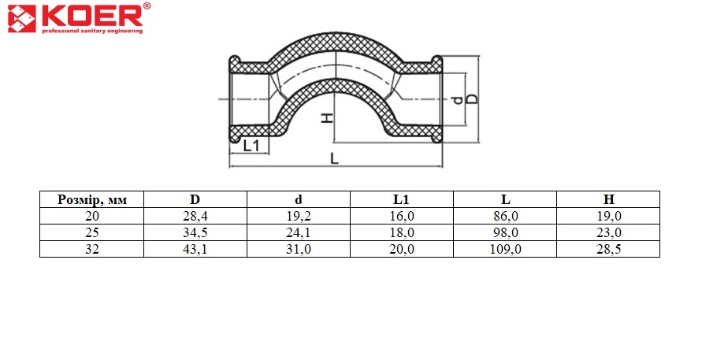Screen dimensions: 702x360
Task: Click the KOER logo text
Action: [93, 16]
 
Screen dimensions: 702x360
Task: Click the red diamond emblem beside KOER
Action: [21, 19]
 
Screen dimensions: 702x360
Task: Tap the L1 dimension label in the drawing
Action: [251, 146]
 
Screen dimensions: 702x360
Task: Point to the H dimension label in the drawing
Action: [329, 117]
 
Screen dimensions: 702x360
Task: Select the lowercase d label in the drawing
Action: [458, 100]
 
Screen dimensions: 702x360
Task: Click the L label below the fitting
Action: [334, 158]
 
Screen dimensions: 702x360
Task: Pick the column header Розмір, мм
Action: [91, 200]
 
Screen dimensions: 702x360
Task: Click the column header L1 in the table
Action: [401, 199]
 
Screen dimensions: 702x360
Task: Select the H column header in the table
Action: [608, 199]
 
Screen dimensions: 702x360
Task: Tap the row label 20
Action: [91, 216]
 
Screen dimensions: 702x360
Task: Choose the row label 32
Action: [91, 249]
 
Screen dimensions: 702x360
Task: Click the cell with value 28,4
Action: [195, 217]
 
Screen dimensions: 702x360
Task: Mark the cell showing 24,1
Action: [299, 233]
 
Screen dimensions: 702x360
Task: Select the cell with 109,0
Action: [506, 250]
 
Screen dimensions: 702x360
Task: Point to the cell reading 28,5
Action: [608, 250]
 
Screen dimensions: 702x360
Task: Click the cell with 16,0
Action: [402, 217]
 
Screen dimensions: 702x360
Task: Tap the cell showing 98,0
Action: [506, 233]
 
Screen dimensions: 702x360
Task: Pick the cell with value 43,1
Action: [195, 250]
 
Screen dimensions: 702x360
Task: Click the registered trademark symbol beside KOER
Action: [147, 6]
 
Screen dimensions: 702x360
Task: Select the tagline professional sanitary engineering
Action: [92, 31]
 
